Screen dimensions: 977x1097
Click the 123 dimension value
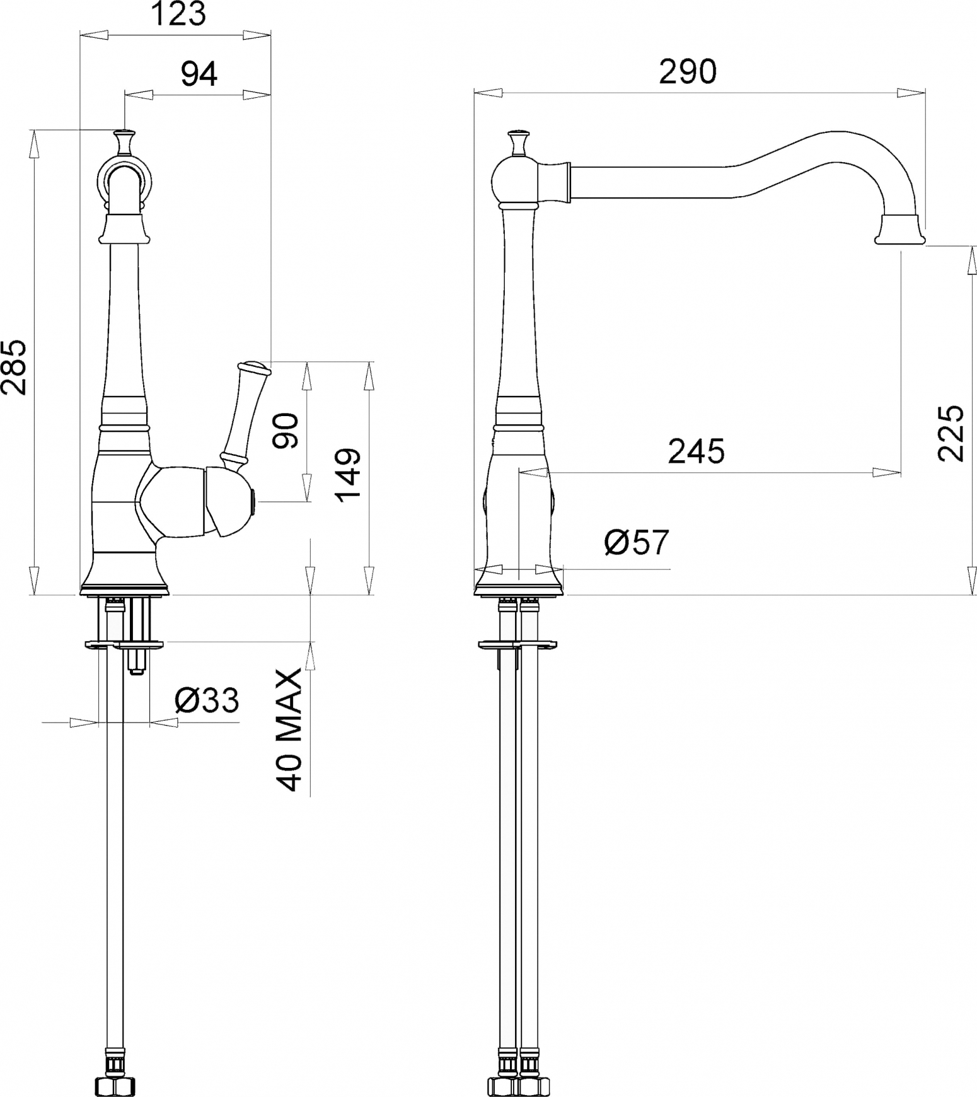click(x=179, y=14)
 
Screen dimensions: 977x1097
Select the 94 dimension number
click(x=199, y=74)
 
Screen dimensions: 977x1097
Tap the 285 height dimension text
click(x=14, y=367)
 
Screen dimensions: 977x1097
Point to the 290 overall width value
click(x=688, y=72)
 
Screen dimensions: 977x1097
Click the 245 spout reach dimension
click(x=697, y=451)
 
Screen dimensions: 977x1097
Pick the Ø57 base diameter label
click(x=637, y=542)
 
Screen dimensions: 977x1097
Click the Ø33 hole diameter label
click(x=207, y=700)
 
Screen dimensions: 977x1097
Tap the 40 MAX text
click(x=290, y=730)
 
